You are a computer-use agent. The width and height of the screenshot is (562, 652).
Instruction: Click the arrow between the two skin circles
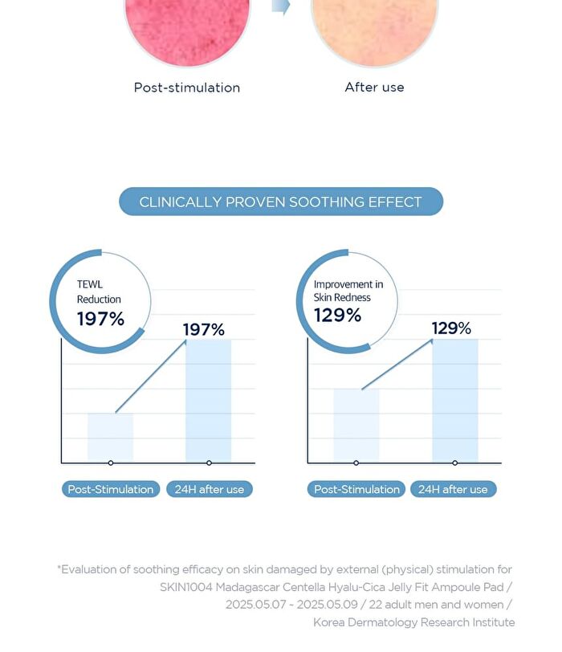click(x=281, y=6)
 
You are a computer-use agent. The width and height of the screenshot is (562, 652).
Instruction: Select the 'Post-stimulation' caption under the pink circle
click(x=187, y=88)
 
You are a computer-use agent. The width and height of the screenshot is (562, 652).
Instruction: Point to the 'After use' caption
click(x=374, y=87)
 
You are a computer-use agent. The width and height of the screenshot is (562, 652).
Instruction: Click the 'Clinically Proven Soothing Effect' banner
click(x=281, y=202)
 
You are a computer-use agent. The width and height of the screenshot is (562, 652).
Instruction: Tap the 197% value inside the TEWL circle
click(x=100, y=319)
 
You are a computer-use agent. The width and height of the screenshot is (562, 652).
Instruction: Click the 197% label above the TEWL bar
click(x=204, y=329)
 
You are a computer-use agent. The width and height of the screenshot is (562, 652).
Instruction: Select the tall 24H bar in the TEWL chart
click(x=208, y=400)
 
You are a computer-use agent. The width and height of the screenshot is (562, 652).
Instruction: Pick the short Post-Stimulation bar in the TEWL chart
click(x=110, y=437)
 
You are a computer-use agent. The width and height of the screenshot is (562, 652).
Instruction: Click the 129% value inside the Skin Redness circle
click(x=337, y=316)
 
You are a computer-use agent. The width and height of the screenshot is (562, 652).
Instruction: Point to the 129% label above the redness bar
click(x=451, y=328)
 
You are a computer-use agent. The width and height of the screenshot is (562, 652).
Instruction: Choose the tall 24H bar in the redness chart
click(x=455, y=400)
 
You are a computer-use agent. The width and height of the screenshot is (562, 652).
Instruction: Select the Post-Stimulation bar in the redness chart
click(x=356, y=425)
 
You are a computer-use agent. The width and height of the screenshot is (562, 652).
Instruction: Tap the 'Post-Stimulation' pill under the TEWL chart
click(x=111, y=489)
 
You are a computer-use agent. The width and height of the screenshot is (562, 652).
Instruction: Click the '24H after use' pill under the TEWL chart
click(x=210, y=489)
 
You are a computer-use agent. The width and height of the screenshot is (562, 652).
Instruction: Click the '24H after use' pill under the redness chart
click(x=453, y=489)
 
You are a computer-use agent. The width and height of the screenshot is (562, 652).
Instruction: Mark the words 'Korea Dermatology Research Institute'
click(x=414, y=622)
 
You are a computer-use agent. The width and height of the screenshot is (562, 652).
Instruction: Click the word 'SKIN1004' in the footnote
click(x=186, y=587)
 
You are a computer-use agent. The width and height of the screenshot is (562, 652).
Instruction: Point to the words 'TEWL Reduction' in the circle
click(x=99, y=291)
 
